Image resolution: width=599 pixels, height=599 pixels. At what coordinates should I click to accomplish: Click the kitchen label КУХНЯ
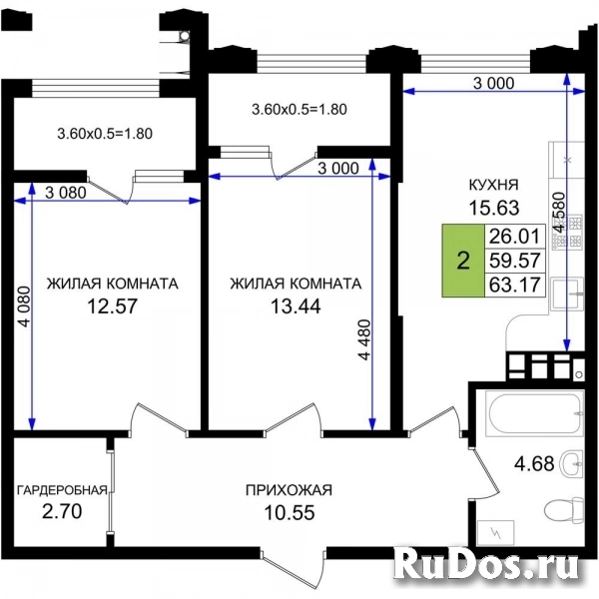[493, 185]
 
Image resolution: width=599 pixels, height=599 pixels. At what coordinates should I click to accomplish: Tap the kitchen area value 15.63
[494, 208]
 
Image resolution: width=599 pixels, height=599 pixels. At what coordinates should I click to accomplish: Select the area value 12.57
[112, 306]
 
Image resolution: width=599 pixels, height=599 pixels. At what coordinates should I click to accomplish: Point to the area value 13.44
[296, 306]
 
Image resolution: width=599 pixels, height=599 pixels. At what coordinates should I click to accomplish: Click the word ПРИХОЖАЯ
[289, 490]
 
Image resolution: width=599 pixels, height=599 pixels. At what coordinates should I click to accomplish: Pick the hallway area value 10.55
[290, 513]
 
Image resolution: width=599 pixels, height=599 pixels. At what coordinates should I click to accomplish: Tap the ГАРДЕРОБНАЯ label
[62, 490]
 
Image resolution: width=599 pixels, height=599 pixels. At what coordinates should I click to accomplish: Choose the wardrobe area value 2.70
[62, 511]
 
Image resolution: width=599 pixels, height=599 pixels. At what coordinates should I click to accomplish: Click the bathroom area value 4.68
[534, 464]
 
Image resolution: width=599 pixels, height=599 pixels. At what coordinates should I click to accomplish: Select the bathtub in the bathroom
[534, 413]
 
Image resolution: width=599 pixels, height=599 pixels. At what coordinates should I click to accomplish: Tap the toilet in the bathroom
[564, 509]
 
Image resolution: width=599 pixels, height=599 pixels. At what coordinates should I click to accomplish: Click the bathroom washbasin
[571, 463]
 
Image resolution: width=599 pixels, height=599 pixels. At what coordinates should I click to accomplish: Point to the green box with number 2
[463, 261]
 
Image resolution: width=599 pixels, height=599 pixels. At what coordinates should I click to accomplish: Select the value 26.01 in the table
[514, 236]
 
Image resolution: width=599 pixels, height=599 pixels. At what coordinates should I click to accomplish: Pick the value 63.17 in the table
[514, 285]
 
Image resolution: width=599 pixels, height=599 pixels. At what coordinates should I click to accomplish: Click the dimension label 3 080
[66, 193]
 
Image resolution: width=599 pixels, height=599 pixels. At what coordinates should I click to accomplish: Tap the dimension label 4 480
[364, 339]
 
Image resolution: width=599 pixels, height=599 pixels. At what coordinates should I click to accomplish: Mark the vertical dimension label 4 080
[24, 306]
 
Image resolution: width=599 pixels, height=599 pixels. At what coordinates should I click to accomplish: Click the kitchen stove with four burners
[567, 232]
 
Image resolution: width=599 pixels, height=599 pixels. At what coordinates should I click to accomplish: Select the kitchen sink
[567, 294]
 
